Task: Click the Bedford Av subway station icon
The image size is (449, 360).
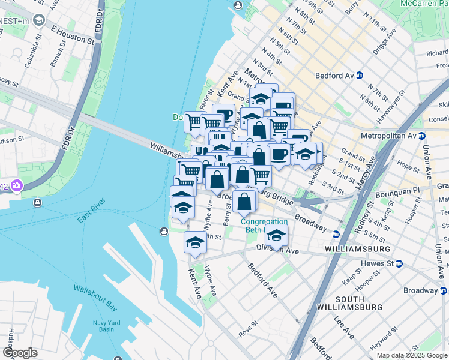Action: coord(359,76)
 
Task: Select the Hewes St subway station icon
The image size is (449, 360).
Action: coord(399,263)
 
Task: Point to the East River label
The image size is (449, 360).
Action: coord(91,211)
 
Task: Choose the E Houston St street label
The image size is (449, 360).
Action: coord(73,35)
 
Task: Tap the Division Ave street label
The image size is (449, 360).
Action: coord(277,250)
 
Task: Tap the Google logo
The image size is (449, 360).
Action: coord(20,353)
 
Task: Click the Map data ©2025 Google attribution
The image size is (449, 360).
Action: coord(412,355)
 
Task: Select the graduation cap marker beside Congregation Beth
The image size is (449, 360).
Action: coord(276,235)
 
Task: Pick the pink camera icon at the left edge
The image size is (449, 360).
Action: coord(16,185)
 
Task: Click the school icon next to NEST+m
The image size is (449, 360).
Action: coord(40,20)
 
